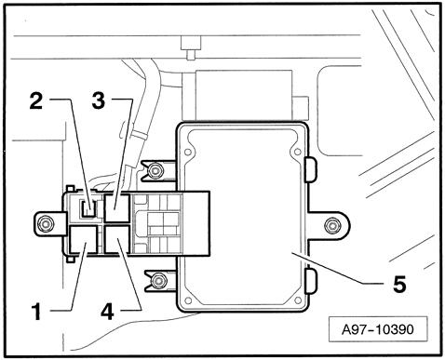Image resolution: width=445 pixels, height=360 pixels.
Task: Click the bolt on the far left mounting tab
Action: click(42, 221)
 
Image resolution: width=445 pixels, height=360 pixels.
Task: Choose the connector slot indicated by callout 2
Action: click(88, 207)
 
